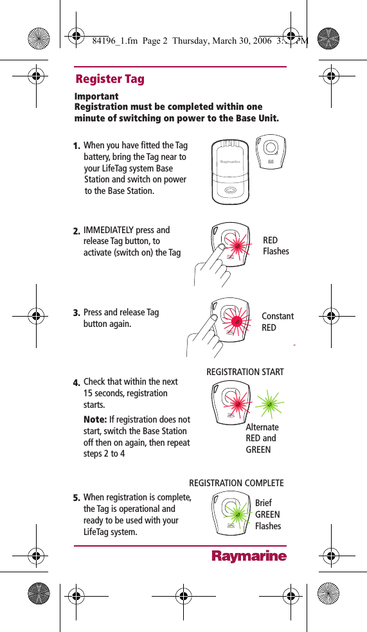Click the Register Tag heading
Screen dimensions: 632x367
pos(110,79)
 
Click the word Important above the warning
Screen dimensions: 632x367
pos(96,96)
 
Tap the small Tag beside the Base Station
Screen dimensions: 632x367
pos(271,152)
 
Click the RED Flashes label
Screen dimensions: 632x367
pos(276,245)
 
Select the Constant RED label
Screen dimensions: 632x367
pos(278,322)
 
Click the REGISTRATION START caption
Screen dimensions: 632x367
pos(244,372)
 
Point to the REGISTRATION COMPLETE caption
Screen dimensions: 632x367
pos(236,483)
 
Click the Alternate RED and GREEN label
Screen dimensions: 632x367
pos(262,438)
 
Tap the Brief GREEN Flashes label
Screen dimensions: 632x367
pos(268,514)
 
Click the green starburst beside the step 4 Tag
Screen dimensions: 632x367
pos(270,403)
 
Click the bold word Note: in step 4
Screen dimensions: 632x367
pos(95,419)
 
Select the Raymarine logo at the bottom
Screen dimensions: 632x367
pos(249,556)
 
